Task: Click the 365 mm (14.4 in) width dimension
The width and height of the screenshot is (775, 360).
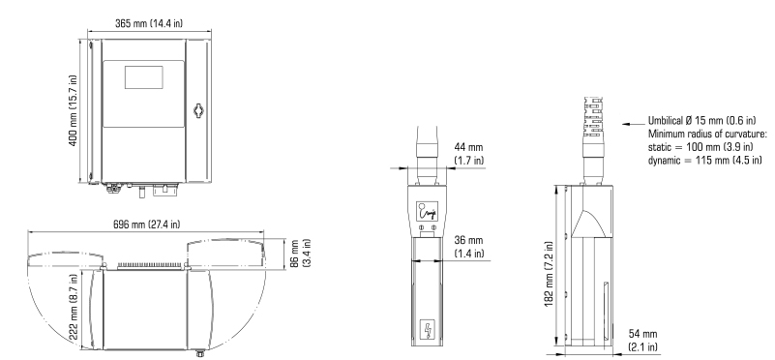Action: [x=149, y=23]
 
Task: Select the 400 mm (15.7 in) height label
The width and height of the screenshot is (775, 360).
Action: [x=73, y=110]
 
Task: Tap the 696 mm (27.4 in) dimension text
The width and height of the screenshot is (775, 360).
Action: [x=147, y=224]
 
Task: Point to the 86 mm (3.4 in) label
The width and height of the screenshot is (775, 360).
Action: [x=301, y=254]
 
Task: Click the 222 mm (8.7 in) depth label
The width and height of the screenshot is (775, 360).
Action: [x=73, y=307]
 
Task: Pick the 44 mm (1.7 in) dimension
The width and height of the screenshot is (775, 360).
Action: [x=469, y=153]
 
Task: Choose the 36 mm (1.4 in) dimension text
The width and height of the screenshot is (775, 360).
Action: [x=469, y=247]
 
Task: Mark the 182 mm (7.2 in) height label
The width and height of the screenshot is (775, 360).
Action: [x=550, y=274]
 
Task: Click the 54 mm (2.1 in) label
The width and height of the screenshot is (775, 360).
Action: [x=643, y=341]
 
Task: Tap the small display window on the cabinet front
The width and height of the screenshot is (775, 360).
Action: [x=144, y=77]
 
